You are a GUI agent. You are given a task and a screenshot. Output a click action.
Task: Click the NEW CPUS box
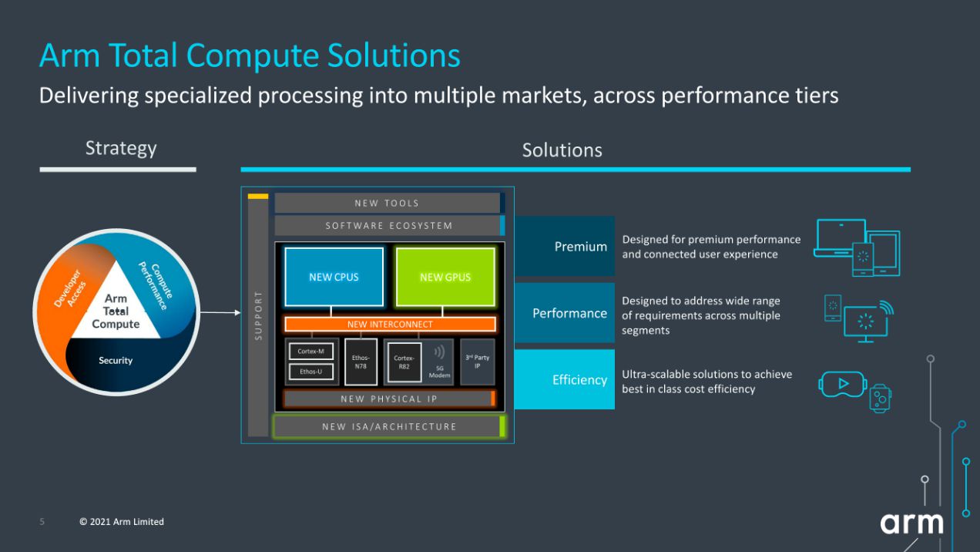[334, 277]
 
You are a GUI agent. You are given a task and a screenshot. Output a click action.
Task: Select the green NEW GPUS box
[445, 277]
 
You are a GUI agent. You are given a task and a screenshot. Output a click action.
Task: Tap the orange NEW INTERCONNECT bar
[390, 325]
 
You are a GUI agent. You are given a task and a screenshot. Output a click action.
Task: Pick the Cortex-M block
[310, 352]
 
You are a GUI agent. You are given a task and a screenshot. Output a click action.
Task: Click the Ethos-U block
[310, 372]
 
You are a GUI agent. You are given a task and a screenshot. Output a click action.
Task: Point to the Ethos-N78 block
[361, 362]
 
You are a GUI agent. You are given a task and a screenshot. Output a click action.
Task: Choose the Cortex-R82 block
[404, 362]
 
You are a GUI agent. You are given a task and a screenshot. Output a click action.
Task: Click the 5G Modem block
[440, 362]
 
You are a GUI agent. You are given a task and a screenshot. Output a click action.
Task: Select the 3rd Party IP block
[477, 362]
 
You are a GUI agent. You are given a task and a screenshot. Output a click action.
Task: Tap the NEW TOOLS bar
[387, 204]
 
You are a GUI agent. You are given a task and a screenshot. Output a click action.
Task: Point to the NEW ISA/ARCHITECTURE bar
[389, 426]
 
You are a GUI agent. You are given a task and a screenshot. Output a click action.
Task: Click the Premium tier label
[565, 247]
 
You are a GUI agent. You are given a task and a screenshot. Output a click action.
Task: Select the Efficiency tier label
[565, 379]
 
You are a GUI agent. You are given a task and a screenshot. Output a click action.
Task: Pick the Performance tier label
[565, 313]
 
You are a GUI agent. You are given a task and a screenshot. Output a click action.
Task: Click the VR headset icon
[842, 383]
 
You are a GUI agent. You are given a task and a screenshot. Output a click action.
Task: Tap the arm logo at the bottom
[911, 523]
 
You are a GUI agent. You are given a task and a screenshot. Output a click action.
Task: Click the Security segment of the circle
[116, 361]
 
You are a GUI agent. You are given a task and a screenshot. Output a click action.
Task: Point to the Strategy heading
[121, 148]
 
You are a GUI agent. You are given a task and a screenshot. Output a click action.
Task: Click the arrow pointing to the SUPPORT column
[220, 312]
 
